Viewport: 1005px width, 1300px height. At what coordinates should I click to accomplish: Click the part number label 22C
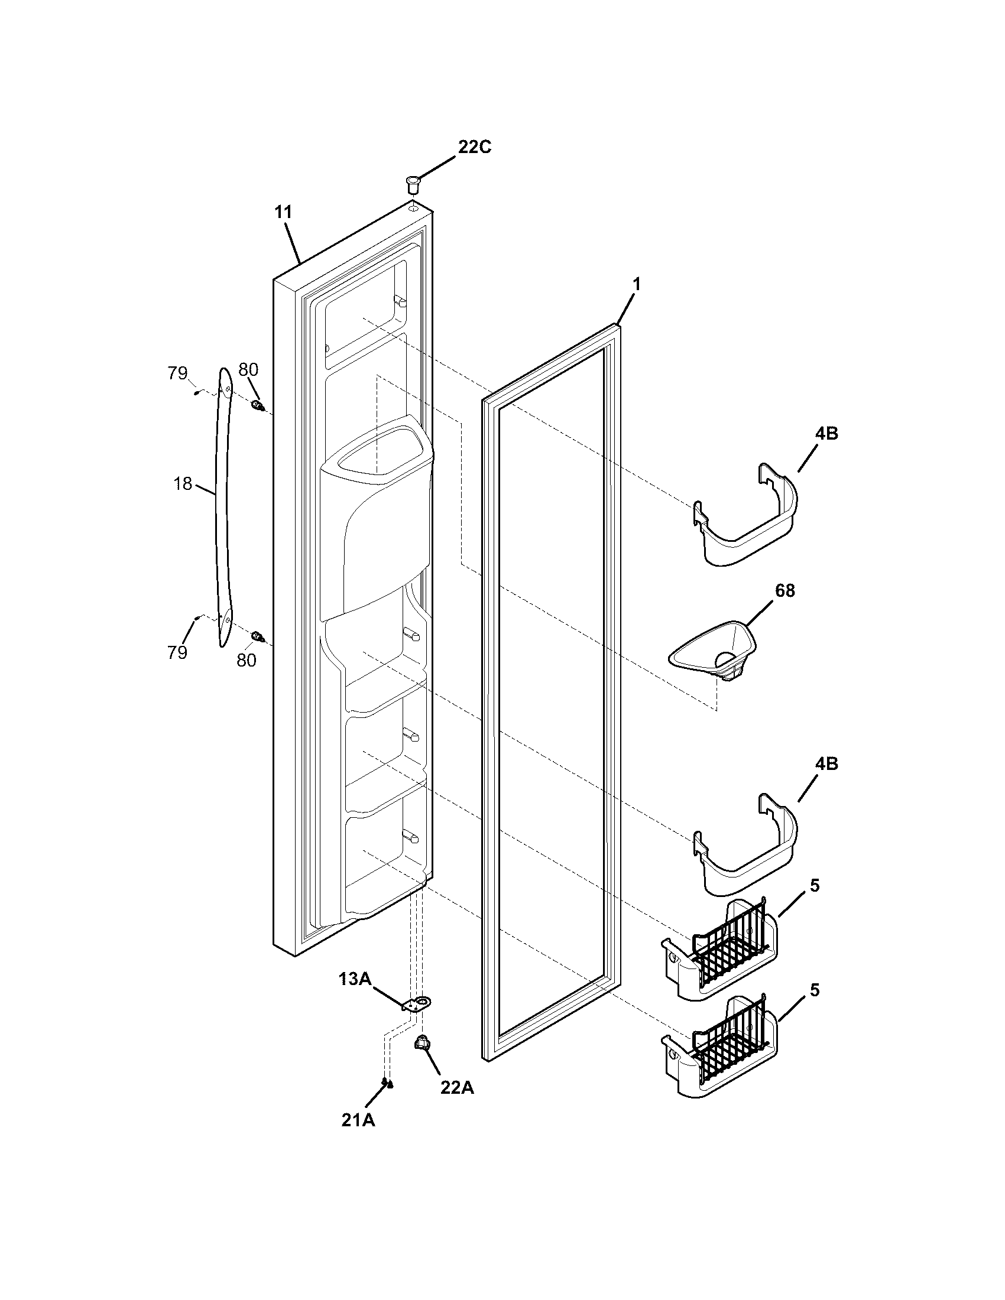point(474,147)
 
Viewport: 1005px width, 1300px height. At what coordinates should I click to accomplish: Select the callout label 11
point(284,212)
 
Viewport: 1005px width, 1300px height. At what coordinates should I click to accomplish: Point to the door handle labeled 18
point(224,506)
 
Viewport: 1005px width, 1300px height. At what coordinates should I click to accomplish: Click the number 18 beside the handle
point(183,483)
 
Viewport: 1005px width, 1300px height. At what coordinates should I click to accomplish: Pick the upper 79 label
point(177,373)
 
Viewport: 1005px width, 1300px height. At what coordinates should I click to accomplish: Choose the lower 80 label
point(247,659)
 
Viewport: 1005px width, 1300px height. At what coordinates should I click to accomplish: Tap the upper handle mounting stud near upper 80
point(258,407)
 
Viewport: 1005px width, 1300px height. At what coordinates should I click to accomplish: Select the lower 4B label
point(826,763)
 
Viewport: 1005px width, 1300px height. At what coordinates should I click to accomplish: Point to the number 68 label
point(784,591)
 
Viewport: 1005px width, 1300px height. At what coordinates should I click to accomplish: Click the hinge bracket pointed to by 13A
point(419,1005)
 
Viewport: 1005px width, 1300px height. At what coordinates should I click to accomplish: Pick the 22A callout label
point(457,1087)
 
